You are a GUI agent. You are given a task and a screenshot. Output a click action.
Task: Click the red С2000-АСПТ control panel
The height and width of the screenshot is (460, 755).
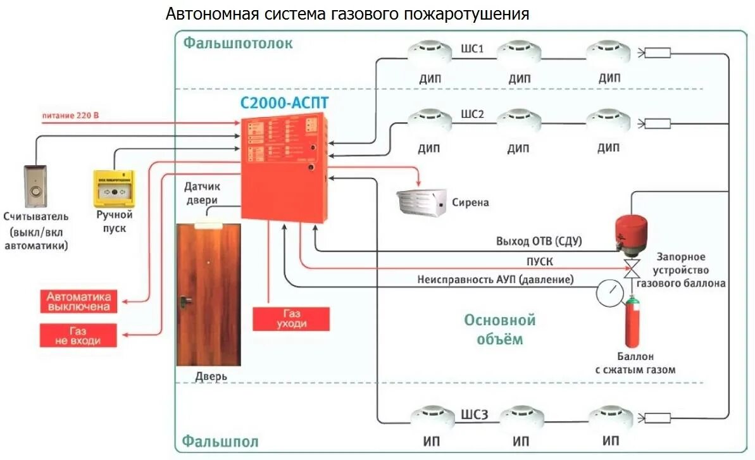285,168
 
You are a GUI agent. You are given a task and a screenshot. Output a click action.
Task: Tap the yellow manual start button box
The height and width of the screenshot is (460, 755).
114,188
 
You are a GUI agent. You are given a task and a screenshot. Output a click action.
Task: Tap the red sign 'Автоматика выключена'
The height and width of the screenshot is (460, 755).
78,301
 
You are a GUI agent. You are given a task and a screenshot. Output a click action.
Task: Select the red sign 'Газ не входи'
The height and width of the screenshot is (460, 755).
78,335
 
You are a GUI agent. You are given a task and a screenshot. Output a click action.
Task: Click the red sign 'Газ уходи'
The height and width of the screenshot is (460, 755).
291,319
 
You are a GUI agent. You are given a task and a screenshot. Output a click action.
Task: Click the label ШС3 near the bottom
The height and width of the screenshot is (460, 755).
475,415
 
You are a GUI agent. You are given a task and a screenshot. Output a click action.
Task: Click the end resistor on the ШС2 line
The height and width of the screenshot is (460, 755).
658,123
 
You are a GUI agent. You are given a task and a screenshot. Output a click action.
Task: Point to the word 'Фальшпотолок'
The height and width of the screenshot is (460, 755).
238,43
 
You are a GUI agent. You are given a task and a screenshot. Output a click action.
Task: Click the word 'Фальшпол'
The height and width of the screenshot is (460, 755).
221,441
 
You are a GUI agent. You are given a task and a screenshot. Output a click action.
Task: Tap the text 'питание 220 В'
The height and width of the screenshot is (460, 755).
71,116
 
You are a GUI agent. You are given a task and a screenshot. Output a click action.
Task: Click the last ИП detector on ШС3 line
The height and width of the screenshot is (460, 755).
611,417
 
